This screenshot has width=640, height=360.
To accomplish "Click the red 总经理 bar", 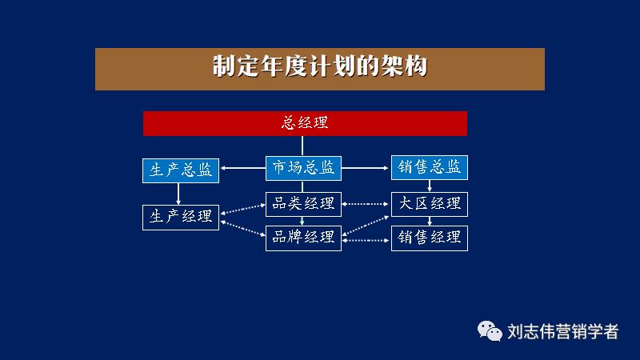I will [x=305, y=124].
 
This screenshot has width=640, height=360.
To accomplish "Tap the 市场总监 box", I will [x=303, y=168].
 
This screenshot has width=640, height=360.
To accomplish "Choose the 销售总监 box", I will [x=429, y=167].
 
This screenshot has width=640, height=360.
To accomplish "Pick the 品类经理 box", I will [x=303, y=204].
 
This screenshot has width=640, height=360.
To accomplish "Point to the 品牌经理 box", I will [x=303, y=238].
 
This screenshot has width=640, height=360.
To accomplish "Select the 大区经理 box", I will [x=429, y=204].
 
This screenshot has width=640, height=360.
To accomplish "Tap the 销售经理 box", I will [x=429, y=238].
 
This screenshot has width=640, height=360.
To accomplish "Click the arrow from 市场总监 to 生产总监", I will [x=242, y=168].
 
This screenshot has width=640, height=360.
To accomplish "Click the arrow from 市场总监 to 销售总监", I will [x=366, y=168].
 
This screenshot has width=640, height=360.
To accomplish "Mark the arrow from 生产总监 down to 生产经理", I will [x=178, y=193].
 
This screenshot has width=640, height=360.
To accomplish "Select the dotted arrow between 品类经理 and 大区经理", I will [x=366, y=204].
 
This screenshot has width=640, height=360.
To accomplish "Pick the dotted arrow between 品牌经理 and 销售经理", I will [x=366, y=238].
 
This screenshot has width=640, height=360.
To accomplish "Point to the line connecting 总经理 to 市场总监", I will [x=302, y=146].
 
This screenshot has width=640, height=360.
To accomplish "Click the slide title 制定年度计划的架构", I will [x=319, y=67].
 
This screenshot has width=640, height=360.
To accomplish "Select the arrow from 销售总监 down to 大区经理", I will [x=430, y=185].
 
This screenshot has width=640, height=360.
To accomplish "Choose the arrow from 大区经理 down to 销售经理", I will [x=430, y=221].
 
